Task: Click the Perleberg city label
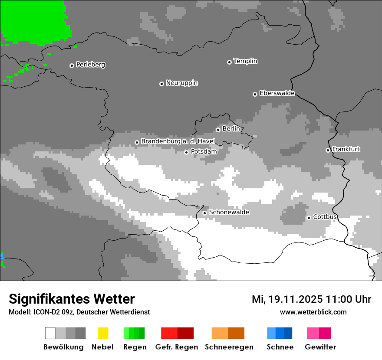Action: pos(90,65)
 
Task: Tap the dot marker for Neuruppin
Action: pos(161,84)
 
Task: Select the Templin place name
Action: pos(245,61)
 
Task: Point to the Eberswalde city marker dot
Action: pos(255,94)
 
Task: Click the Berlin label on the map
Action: pos(231,129)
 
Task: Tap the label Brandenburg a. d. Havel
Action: pos(178,141)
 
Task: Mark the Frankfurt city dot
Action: pos(328,150)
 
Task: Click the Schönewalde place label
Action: pos(229,212)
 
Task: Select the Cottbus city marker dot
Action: pos(309,218)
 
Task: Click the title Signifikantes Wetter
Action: pos(72,299)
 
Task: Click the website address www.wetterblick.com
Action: pos(313,312)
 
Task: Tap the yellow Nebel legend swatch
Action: pos(103,333)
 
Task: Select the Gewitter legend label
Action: pos(320,347)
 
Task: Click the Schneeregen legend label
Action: pos(229,347)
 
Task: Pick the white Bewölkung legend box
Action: pos(50,333)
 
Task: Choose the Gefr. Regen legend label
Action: pos(177,347)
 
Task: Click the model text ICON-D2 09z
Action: pos(53,312)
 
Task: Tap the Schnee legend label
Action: pos(280,347)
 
